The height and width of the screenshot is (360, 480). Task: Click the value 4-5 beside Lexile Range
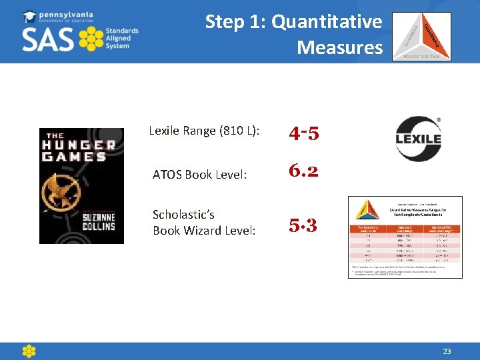coord(303,133)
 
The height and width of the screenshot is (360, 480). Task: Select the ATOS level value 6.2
coord(303,171)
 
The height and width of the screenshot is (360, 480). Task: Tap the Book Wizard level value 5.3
coord(303,225)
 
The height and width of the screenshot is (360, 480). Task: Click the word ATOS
coord(167,175)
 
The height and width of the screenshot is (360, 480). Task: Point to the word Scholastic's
coord(183,215)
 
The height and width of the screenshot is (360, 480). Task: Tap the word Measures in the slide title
coord(340,47)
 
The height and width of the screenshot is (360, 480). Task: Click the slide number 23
coord(447,351)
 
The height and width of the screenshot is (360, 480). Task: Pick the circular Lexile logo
coord(419,139)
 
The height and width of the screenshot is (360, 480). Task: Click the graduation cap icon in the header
coord(30,17)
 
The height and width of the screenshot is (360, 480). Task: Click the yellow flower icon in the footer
coord(29,351)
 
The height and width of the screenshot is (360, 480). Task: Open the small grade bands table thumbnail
coord(405,237)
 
